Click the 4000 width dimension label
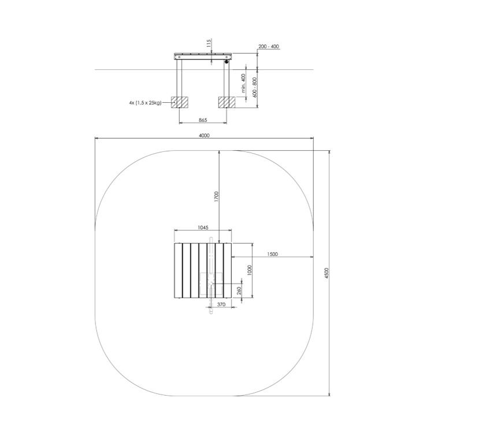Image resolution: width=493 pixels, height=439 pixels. [204, 135]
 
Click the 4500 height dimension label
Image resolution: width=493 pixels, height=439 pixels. [327, 273]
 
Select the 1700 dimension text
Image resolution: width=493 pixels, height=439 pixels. [216, 196]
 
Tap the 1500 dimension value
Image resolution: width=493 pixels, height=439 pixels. [272, 254]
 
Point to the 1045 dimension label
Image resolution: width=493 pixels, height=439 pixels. [203, 228]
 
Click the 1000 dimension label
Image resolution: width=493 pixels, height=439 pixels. [249, 270]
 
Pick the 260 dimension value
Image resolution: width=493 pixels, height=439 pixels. [239, 290]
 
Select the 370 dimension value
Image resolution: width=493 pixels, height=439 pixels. [221, 304]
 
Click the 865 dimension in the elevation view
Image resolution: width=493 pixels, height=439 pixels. [203, 120]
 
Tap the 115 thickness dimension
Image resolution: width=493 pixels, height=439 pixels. [209, 43]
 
